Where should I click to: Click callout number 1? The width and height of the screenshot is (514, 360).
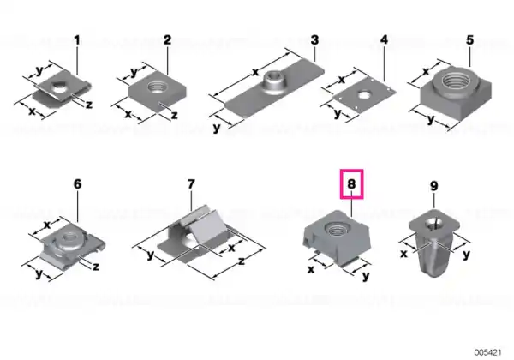point(77,40)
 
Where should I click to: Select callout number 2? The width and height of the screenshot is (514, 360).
point(167,40)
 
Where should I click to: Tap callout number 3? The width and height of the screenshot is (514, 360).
point(314,40)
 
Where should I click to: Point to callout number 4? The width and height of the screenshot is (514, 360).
point(384,40)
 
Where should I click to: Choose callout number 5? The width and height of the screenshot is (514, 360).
point(470,40)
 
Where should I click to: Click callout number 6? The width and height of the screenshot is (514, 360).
point(77,184)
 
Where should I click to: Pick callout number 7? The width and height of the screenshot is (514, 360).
point(191,184)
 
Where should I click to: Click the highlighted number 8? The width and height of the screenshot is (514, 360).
point(351,184)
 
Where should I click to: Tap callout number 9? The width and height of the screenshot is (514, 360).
point(433,186)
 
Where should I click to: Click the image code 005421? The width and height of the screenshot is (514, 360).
point(487,352)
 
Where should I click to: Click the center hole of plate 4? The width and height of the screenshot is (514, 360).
point(363,95)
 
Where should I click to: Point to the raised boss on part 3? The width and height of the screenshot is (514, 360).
point(275,81)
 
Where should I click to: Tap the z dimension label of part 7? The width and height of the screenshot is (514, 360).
point(242,261)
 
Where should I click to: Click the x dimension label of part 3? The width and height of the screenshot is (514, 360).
point(255,72)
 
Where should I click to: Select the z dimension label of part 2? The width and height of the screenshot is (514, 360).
point(175,116)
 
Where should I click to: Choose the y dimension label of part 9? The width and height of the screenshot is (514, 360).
point(466,255)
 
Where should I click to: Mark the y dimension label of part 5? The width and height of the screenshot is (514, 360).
point(432,119)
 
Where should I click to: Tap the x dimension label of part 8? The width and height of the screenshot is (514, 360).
point(311,269)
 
